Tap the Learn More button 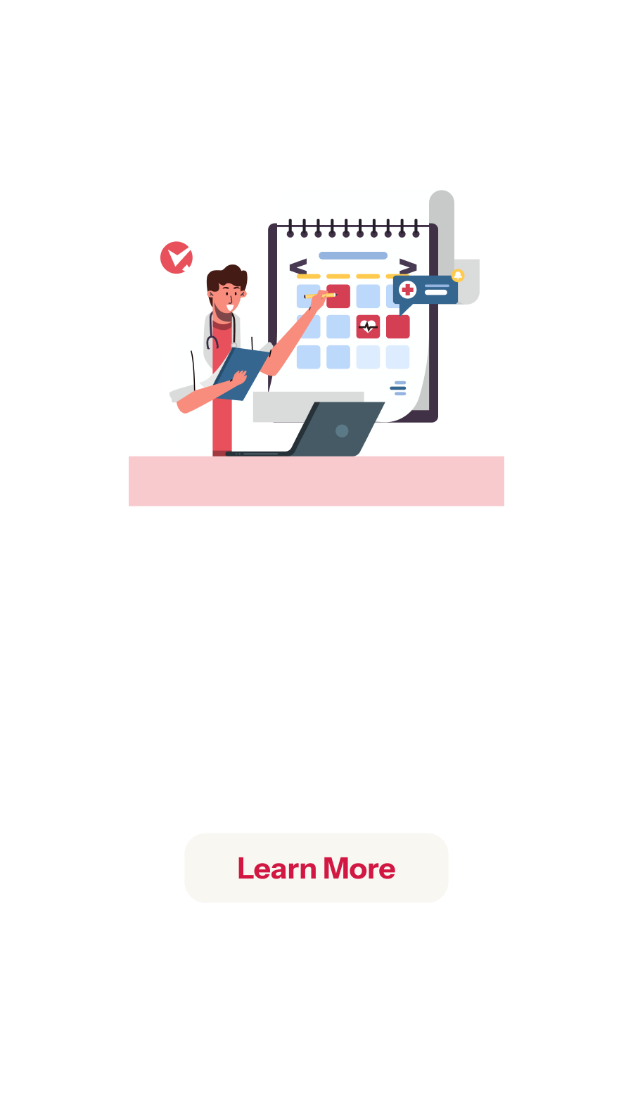click(316, 867)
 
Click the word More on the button click(359, 869)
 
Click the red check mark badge click(177, 257)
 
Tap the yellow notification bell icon click(458, 275)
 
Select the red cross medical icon click(407, 290)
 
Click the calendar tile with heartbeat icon click(368, 326)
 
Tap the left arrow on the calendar click(298, 267)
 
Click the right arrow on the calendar click(408, 267)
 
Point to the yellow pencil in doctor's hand click(320, 295)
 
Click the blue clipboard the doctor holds click(241, 373)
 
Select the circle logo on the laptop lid click(342, 430)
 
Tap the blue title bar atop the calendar click(353, 255)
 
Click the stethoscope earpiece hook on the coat click(212, 342)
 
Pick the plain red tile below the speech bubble click(398, 326)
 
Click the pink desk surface click(316, 480)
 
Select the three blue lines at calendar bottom click(398, 388)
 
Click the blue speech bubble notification click(425, 292)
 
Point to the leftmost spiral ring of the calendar click(290, 229)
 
